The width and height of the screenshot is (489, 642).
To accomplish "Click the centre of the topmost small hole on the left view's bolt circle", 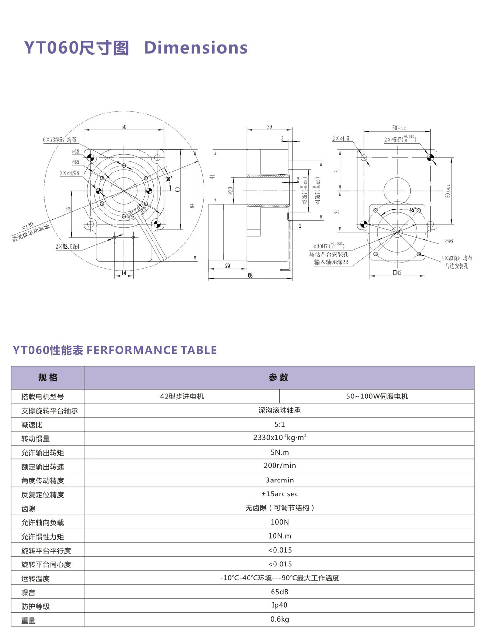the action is [124, 165].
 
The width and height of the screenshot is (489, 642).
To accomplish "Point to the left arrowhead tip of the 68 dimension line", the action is [208, 278].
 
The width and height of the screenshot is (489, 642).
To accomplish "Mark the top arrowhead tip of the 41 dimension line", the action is [215, 150].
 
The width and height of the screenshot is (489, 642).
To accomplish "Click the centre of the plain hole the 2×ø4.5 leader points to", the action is [364, 158].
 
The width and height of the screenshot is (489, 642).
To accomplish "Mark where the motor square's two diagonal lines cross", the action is [397, 232].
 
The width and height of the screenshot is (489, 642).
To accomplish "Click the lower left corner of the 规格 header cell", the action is [11, 389].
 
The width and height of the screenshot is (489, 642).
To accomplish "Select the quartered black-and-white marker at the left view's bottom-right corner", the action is [157, 224].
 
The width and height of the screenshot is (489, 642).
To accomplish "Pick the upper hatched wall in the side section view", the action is [268, 176].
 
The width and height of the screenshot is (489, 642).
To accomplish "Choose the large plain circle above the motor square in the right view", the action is [397, 190].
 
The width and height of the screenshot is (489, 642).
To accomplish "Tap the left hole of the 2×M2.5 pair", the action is [115, 238].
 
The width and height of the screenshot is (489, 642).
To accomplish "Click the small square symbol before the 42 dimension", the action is [395, 273].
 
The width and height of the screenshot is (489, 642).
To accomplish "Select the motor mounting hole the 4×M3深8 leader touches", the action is [419, 254].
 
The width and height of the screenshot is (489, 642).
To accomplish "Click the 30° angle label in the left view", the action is [169, 179].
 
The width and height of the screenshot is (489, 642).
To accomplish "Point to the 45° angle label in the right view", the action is [413, 210].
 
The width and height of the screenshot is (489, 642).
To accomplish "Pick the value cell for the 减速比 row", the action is [279, 424].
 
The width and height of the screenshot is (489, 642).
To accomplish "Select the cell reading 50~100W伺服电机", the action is [377, 396].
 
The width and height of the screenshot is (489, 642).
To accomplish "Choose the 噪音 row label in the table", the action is [29, 592].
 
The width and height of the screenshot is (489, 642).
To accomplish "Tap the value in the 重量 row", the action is [280, 619].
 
